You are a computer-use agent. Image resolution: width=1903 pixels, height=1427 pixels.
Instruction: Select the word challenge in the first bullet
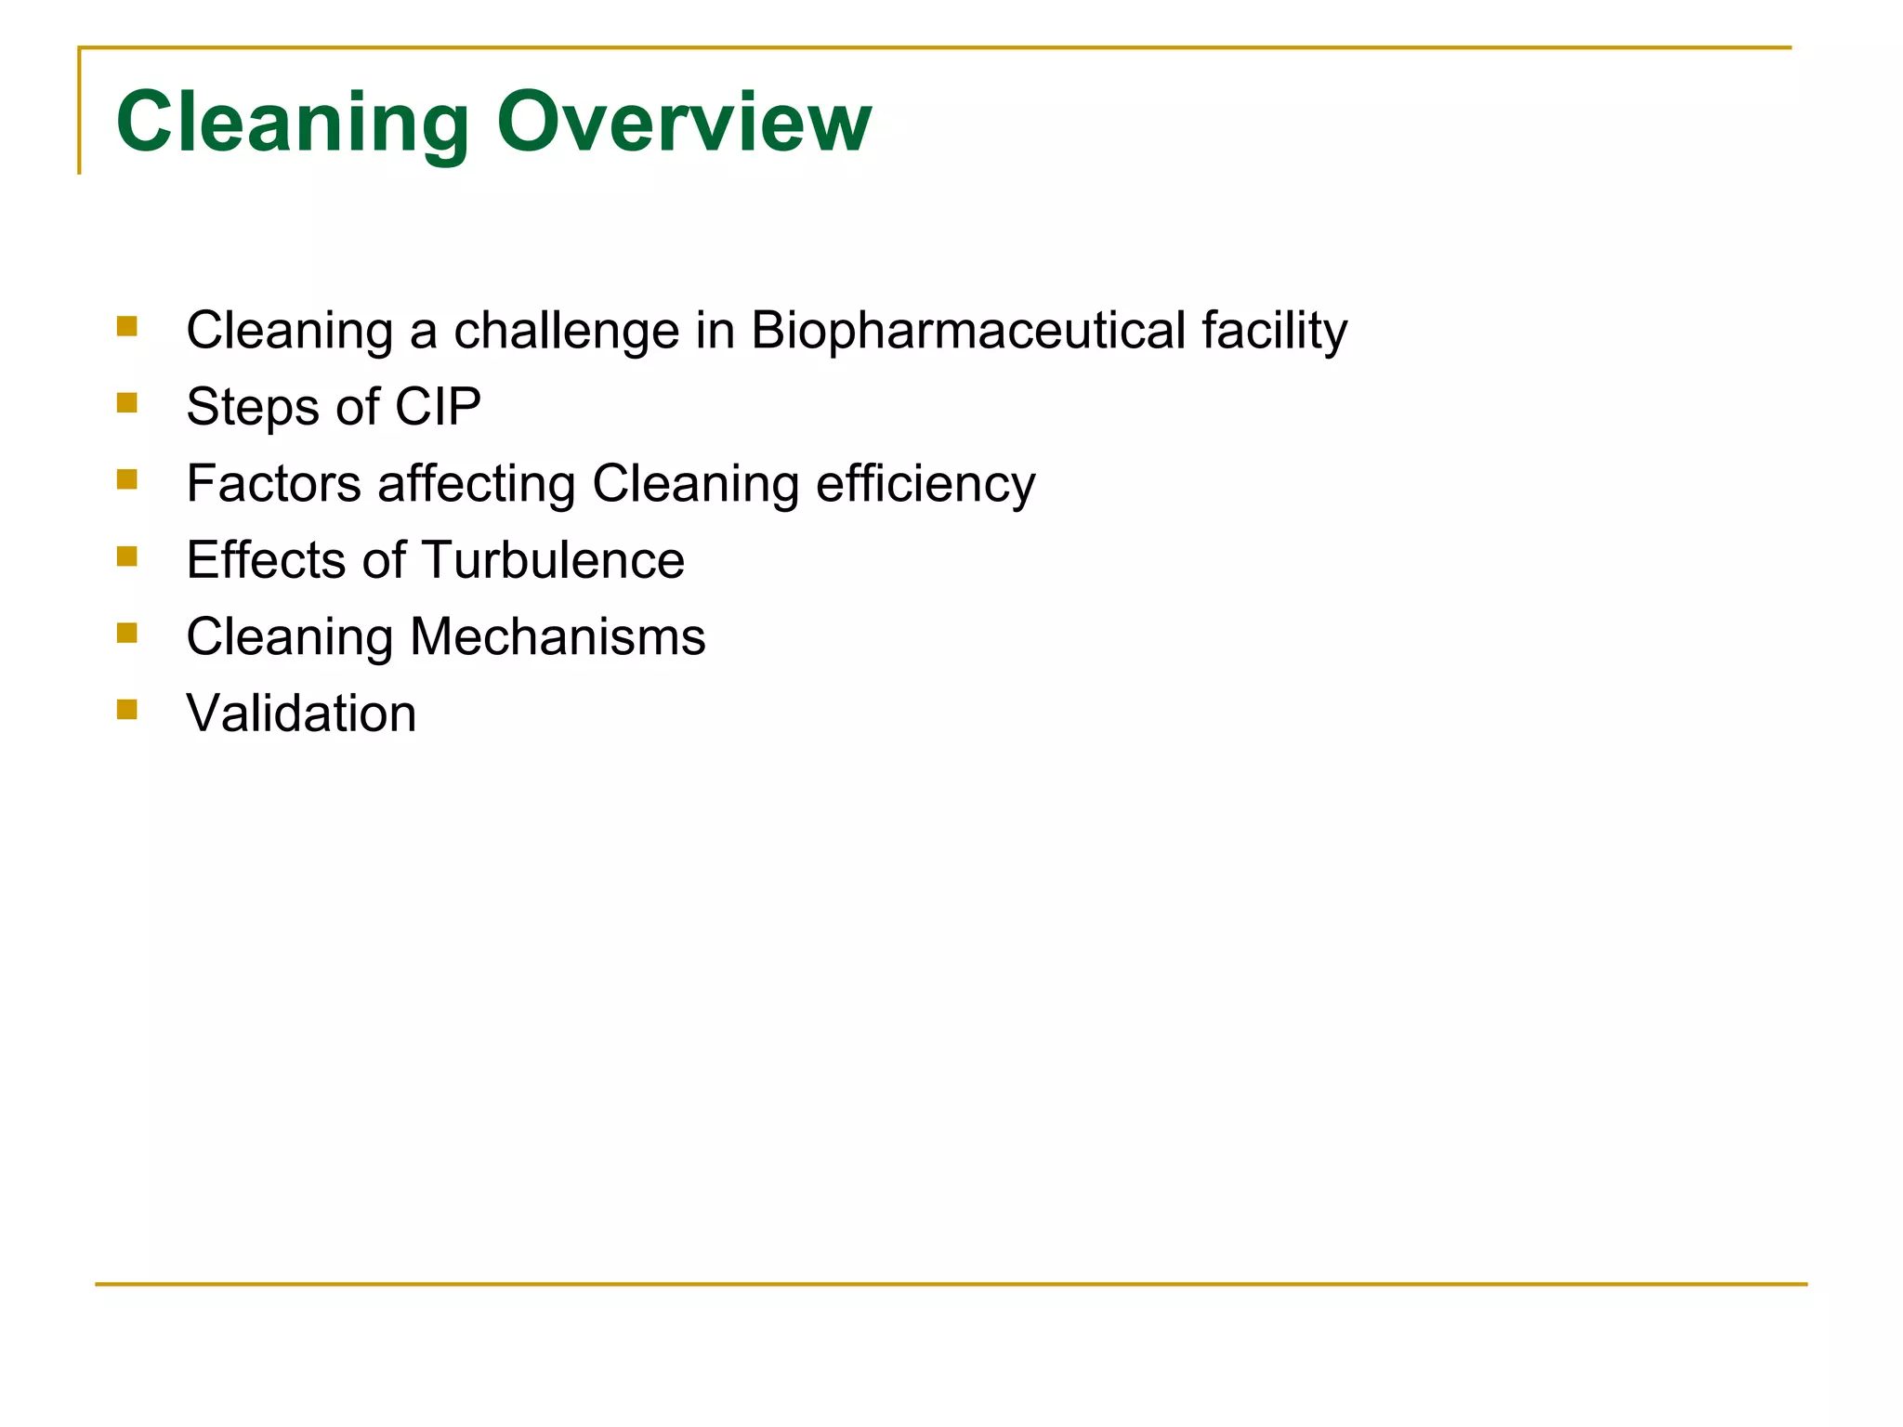coord(566,330)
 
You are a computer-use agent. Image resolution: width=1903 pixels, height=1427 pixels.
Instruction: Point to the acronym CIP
coord(438,407)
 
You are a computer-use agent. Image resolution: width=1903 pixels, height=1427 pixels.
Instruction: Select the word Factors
coord(273,483)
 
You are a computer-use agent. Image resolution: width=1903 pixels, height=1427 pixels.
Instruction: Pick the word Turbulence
coord(553,560)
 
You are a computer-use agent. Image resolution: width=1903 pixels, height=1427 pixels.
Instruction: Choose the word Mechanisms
coord(558,636)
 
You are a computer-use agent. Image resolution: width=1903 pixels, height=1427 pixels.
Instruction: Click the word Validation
coord(301,713)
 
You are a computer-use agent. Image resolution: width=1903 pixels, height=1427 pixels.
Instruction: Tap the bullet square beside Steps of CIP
coord(127,402)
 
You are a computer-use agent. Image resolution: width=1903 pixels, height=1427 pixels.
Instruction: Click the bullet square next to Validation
coord(127,710)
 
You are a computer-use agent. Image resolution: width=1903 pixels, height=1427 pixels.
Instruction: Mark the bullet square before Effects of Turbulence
coord(127,556)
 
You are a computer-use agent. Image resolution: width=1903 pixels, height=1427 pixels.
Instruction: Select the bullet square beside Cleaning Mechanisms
coord(127,633)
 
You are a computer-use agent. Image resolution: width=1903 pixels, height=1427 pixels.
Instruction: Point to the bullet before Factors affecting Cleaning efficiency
coord(127,479)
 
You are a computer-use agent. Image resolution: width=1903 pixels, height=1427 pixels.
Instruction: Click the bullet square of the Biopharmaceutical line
coord(127,326)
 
